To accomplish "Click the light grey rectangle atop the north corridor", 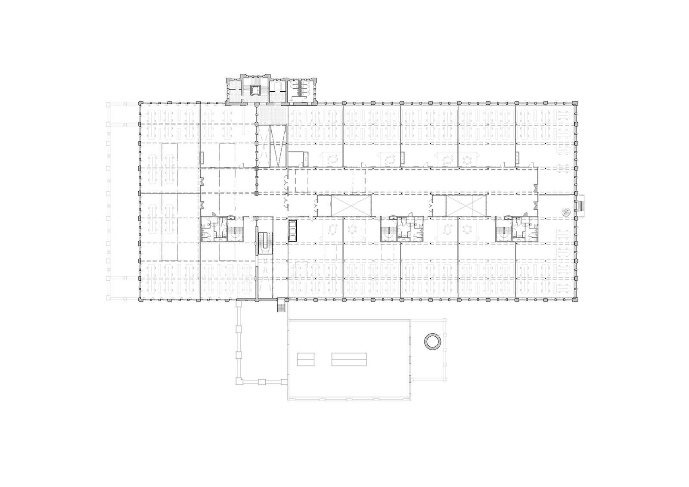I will coord(272,115).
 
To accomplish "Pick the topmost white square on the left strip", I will coord(125,104).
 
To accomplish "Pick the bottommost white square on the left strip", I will coord(125,298).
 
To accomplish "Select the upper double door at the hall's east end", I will coord(537,188).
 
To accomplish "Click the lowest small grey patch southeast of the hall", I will coord(560,252).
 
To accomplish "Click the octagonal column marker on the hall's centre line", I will coord(257,194).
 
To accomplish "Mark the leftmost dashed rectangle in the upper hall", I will coord(301,181).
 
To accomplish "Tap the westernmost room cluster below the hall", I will coord(221,230).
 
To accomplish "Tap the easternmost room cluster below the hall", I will coord(517,230).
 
